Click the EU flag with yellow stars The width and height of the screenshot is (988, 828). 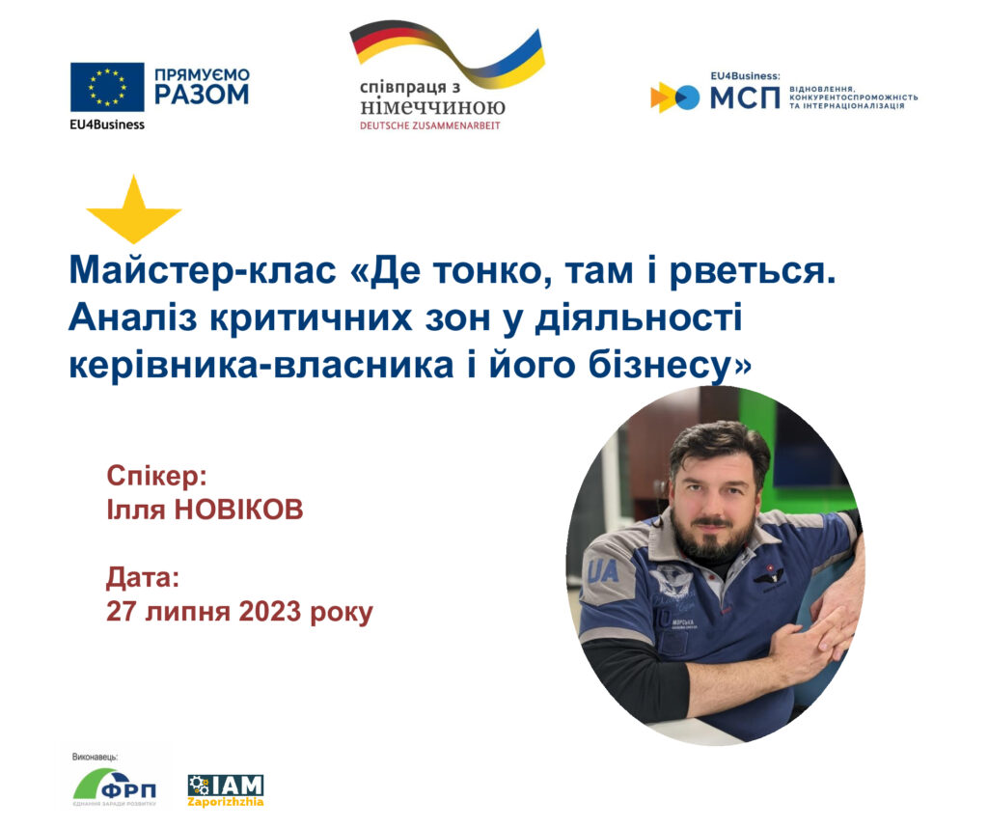coord(107,87)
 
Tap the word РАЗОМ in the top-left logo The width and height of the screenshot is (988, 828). coord(202,95)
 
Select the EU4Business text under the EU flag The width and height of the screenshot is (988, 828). coord(107,124)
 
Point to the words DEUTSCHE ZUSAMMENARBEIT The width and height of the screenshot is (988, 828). coord(429,125)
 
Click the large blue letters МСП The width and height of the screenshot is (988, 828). coord(745,97)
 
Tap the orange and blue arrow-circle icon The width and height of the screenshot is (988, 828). coord(674,97)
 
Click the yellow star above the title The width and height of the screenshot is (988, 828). coord(133,209)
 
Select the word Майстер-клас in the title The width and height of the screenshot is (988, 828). coord(203,271)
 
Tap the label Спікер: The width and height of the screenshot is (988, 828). coord(157,476)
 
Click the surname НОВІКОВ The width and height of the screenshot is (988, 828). coord(238,510)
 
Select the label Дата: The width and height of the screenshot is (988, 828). coord(143,578)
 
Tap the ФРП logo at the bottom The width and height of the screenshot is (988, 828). coord(115,787)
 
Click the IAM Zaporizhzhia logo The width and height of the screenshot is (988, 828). coord(226,790)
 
